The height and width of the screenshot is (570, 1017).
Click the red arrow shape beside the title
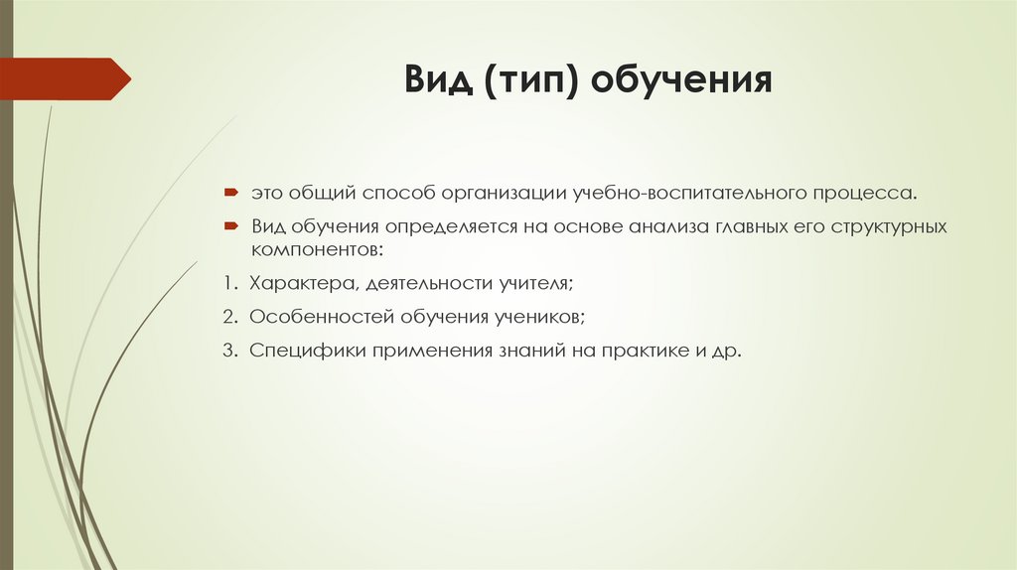(66, 78)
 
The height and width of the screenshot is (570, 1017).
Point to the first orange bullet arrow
(229, 189)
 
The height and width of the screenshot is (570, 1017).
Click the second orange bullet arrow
(229, 226)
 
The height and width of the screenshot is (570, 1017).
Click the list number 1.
(228, 283)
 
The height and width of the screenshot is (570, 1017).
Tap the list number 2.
(228, 317)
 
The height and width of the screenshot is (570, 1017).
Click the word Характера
(303, 283)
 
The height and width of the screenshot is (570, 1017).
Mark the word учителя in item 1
(536, 283)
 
